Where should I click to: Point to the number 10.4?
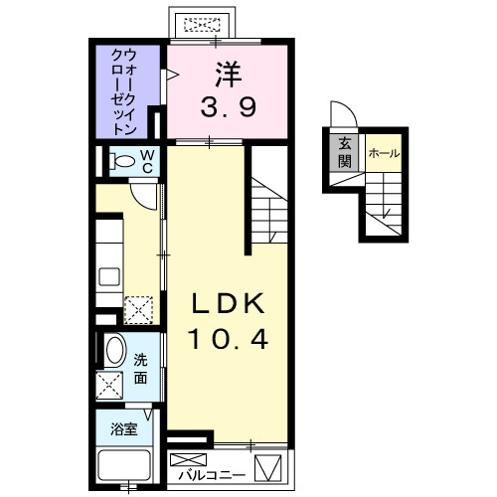pyautogui.click(x=229, y=341)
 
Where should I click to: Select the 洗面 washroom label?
pyautogui.click(x=141, y=371)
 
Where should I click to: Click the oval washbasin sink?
pyautogui.click(x=114, y=351)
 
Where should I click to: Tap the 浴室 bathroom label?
pyautogui.click(x=124, y=431)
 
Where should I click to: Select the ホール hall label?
pyautogui.click(x=383, y=153)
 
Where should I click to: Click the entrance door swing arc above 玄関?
pyautogui.click(x=340, y=115)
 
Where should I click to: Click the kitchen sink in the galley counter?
pyautogui.click(x=109, y=275)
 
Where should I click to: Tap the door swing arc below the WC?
pyautogui.click(x=147, y=193)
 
